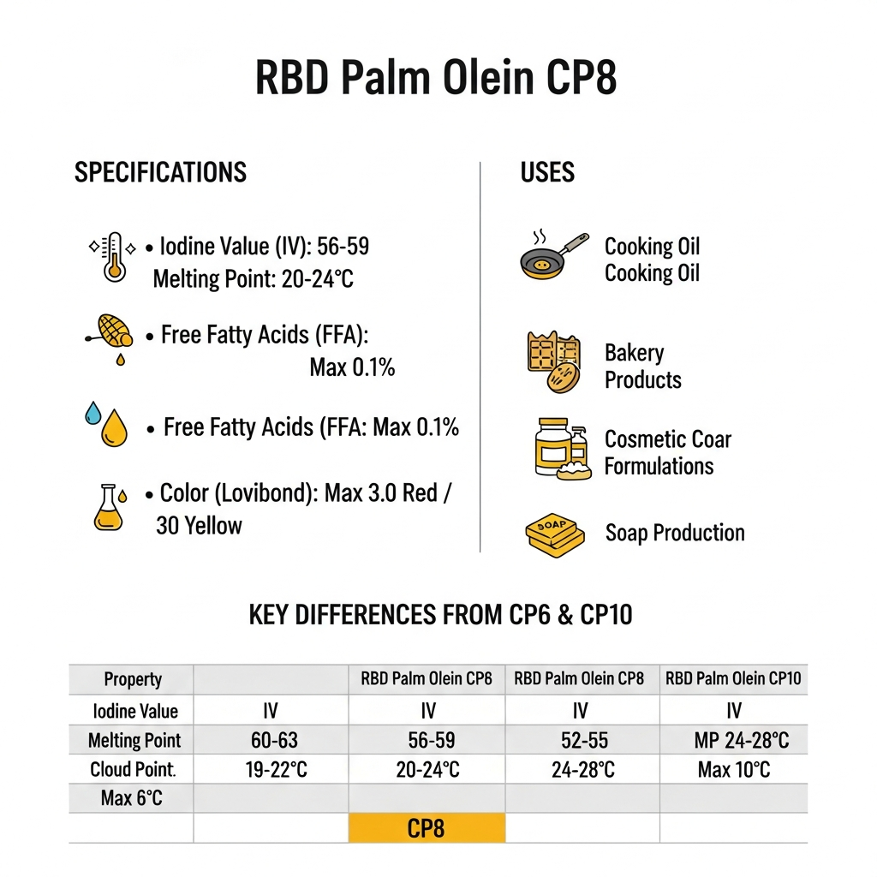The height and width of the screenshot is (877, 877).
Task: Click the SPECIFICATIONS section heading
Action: point(160,172)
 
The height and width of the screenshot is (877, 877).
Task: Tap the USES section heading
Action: point(547,172)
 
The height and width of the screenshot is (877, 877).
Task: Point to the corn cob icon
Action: point(115,330)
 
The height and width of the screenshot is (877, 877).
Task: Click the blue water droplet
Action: point(93,415)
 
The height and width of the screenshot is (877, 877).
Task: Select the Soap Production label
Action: point(675,533)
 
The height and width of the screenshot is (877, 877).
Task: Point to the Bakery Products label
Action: point(642,367)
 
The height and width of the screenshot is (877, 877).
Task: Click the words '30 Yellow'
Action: point(199,525)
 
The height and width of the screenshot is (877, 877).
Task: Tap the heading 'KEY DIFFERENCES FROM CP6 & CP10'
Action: point(440,614)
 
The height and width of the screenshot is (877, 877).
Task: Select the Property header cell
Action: point(133,679)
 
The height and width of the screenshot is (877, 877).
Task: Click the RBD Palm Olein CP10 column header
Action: point(733,679)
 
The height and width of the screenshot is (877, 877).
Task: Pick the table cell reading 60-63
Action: point(274,740)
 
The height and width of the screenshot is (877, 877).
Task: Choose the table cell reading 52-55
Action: point(582,740)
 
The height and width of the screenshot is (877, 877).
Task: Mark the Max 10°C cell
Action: point(733,770)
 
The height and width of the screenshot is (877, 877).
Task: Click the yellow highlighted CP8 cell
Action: point(427,829)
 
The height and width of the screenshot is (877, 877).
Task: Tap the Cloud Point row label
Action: point(133,770)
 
